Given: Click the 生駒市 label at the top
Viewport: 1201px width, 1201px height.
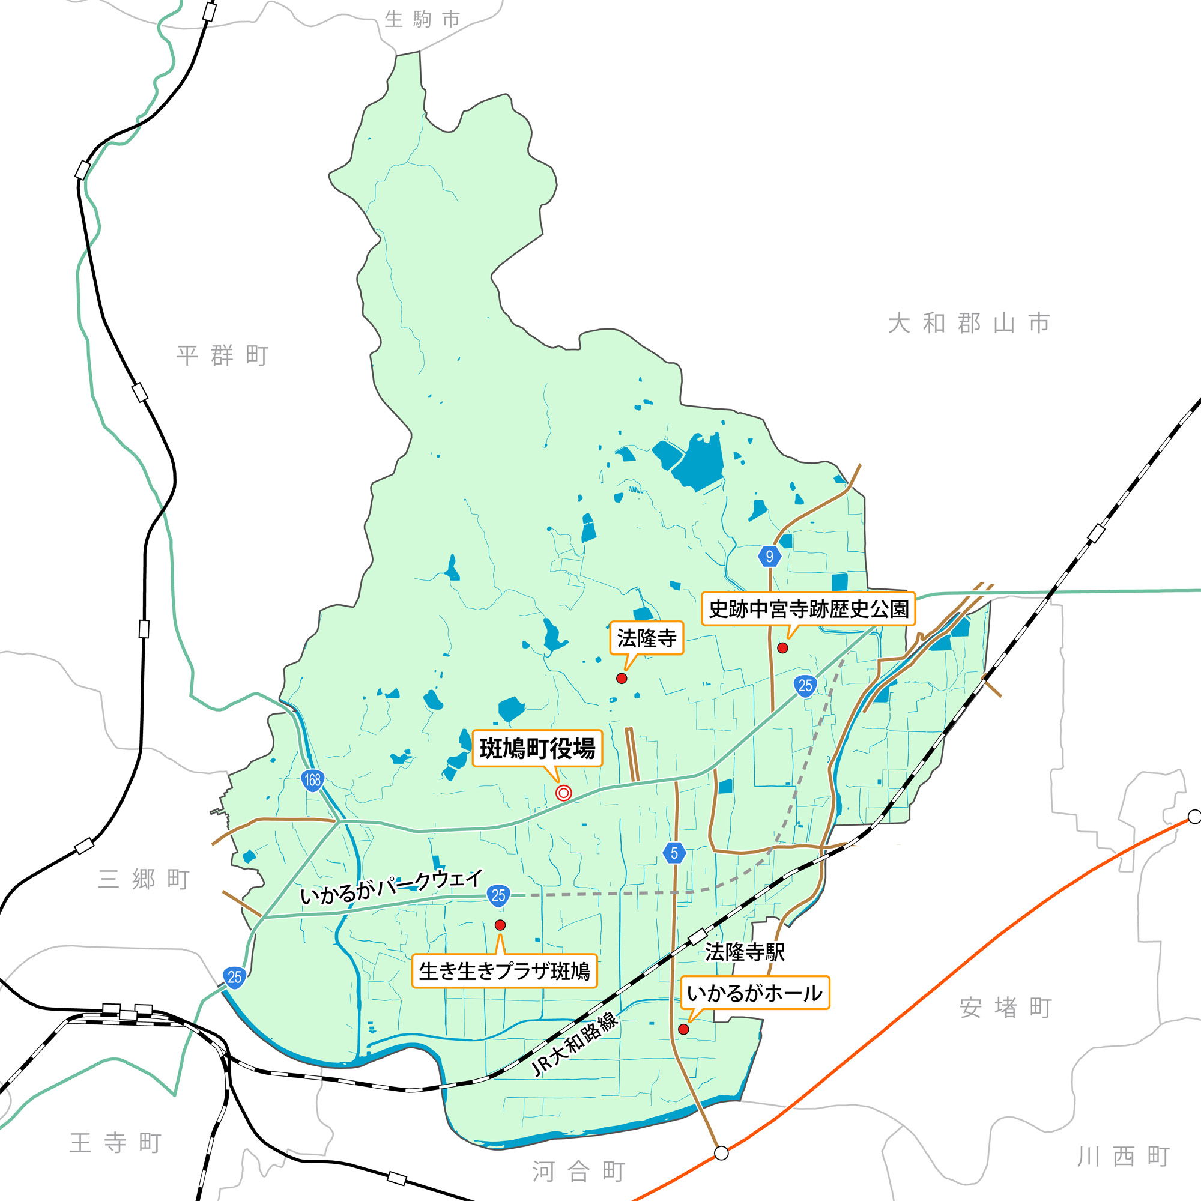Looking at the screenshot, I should point(422,19).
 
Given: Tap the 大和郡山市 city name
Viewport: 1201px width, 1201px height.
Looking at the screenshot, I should point(969,324).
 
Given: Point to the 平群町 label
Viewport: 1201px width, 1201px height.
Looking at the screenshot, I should point(222,355).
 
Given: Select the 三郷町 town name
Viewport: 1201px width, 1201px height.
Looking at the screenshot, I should point(144,879).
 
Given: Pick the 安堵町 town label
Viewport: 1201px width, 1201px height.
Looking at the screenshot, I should point(1005,1008).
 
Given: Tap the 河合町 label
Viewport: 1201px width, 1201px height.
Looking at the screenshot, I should point(578,1172).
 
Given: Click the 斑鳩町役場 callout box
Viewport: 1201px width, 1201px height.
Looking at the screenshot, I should point(537,748).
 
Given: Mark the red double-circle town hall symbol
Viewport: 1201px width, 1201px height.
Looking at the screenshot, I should point(563,793).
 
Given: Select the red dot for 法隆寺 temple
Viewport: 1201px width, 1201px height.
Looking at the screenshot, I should point(621,678).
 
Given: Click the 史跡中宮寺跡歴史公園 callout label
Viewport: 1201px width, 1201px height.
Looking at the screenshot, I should point(808,608).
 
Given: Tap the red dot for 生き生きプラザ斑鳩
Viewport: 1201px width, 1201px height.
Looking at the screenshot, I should point(500,925).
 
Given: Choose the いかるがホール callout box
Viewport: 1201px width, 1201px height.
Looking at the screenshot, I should point(755,993).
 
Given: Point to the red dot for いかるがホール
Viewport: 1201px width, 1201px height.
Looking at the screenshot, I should point(683,1029).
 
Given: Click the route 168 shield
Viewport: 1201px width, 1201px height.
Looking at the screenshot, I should point(312,780).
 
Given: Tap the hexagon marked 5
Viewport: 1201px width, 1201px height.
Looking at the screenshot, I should point(674,853).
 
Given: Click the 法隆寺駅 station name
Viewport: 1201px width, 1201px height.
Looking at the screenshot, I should point(745,952).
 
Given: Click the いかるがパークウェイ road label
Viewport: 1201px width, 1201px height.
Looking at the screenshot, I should point(392,888).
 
